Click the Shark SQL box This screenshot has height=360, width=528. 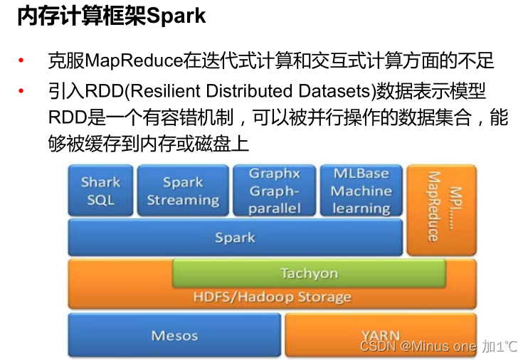click(x=100, y=191)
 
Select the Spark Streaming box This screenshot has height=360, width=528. click(x=183, y=191)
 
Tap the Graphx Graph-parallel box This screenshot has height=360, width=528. click(x=275, y=191)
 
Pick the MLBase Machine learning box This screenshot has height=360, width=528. click(x=361, y=191)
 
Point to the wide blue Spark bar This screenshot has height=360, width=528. click(x=235, y=238)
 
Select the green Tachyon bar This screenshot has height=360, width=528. click(x=309, y=273)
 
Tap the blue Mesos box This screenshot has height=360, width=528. click(x=174, y=335)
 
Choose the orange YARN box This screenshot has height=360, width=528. click(x=380, y=335)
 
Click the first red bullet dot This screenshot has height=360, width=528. click(x=21, y=60)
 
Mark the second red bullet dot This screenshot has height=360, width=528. click(x=21, y=91)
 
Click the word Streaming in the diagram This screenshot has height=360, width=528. click(x=183, y=200)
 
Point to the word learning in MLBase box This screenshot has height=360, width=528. click(x=361, y=208)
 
